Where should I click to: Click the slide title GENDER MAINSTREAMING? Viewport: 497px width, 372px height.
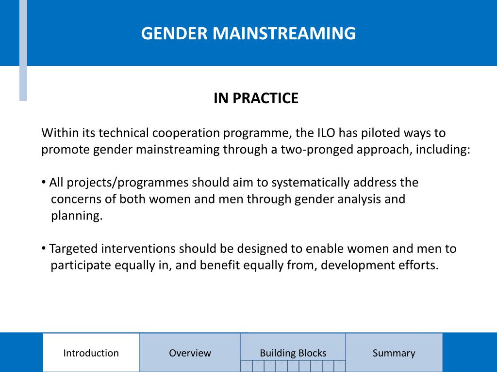tap(248, 33)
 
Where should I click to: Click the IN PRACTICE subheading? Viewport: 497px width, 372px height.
tap(256, 98)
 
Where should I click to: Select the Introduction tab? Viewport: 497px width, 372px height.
tap(91, 353)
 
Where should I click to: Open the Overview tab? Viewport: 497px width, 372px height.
tap(190, 353)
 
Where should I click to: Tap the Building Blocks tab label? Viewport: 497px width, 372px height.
tap(293, 353)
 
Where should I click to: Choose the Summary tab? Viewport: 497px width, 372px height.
tap(394, 353)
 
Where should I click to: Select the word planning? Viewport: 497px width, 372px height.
tap(77, 216)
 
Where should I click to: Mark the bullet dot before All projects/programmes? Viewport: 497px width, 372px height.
tap(44, 182)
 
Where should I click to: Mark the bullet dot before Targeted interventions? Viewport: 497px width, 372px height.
tap(44, 248)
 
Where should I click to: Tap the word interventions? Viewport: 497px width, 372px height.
tap(138, 249)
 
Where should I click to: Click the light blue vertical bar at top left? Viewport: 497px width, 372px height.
tap(23, 50)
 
